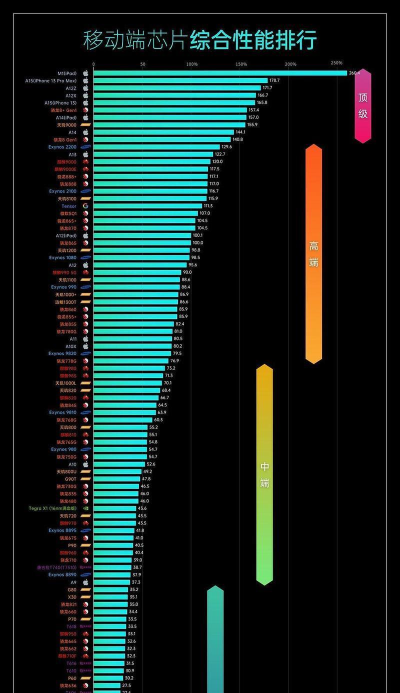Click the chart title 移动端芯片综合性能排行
coord(200,40)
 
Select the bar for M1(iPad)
coord(220,73)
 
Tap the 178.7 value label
coord(274,80)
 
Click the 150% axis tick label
coord(241,64)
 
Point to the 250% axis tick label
coord(336,63)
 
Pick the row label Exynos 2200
coord(63,147)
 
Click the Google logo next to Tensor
coord(85,206)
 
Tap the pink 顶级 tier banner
coord(363,105)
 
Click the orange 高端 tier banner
coord(313,254)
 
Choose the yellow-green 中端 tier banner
coord(264,474)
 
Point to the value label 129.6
coord(227,147)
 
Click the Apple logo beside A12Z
coord(85,88)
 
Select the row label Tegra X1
coord(52,508)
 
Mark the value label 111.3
coord(208,206)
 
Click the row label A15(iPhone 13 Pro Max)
coord(51,80)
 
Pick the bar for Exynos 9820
coord(132,353)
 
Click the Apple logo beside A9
coord(85,582)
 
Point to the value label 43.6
coord(142,508)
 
